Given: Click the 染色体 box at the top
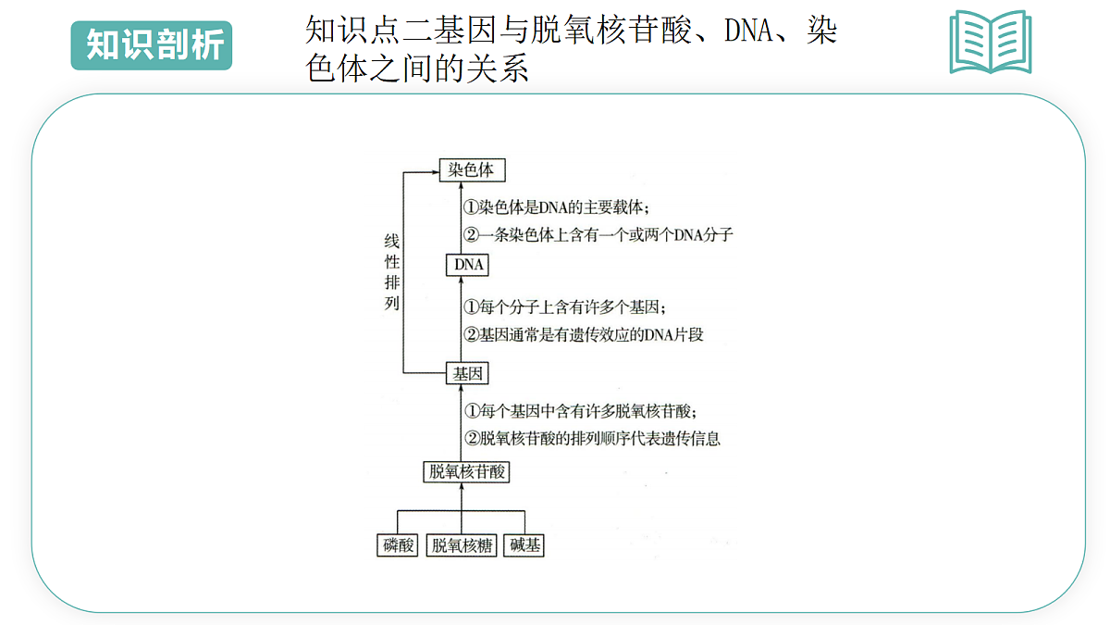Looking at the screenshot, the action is tap(473, 170).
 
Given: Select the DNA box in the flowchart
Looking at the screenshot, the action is tap(467, 265).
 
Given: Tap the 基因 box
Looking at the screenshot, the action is tap(467, 373).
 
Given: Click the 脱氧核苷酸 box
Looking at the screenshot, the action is tap(466, 471).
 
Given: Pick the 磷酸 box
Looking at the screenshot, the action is tap(398, 545).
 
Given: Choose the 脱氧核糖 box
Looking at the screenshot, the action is tap(462, 545).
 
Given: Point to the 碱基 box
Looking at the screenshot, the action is tap(524, 545).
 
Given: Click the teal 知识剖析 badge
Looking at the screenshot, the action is tap(152, 45).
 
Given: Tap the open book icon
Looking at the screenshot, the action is tap(991, 43).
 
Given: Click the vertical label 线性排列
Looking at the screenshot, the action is tap(391, 272).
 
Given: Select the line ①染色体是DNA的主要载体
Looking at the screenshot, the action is tap(556, 206).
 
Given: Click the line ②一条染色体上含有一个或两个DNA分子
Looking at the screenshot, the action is tap(598, 234).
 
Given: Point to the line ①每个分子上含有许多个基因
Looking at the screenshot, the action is tap(564, 307).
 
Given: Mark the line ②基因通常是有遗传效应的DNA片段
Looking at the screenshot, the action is tap(584, 334).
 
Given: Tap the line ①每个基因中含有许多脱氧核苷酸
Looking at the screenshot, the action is tap(580, 411).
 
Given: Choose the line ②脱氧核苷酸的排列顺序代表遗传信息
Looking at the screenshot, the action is tap(592, 438).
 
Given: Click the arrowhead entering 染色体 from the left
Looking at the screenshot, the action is tap(435, 172).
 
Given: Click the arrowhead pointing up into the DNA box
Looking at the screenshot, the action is tap(461, 281).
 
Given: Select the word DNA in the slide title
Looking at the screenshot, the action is tap(748, 31).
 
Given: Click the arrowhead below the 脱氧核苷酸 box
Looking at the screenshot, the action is tap(462, 488).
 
